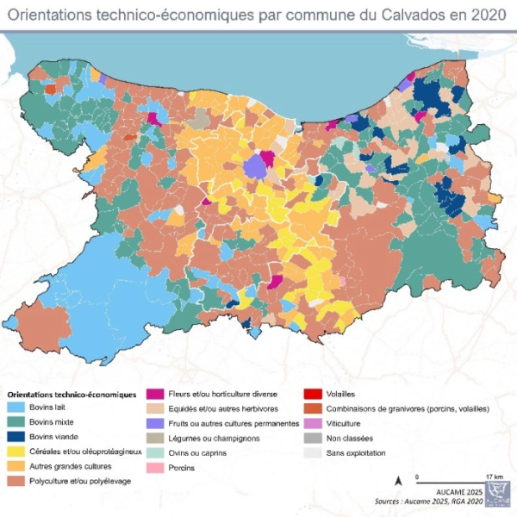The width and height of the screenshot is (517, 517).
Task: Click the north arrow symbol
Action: (x=397, y=481)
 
